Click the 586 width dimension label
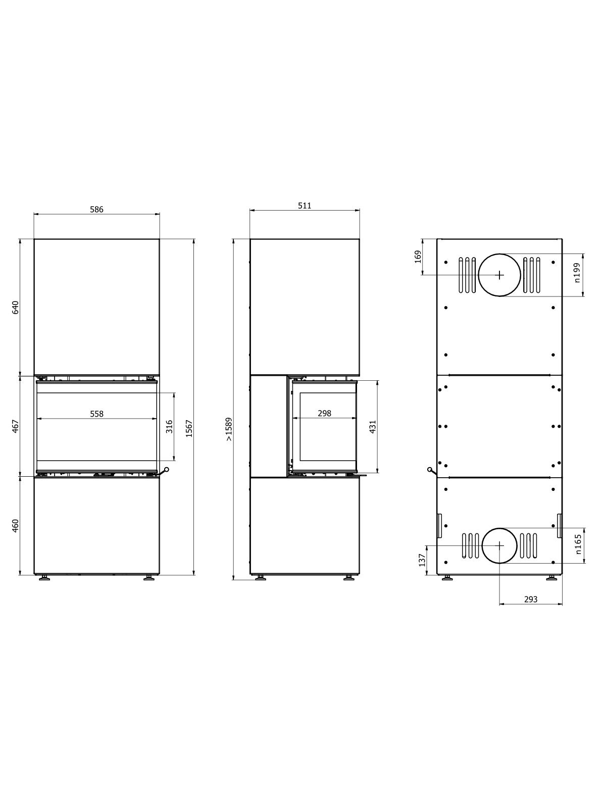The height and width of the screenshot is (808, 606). pos(97,210)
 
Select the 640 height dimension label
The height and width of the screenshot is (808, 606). pos(15,308)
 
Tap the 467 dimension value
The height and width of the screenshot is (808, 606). pos(15,426)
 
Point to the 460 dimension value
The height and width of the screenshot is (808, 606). pos(15,526)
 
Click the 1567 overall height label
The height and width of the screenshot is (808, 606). pos(189,428)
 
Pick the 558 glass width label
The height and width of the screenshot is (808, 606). pos(97,414)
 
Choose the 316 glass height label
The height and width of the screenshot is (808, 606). pos(169,427)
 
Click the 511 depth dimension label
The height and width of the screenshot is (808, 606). pos(305,206)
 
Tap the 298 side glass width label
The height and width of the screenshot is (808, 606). pos(325,414)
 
